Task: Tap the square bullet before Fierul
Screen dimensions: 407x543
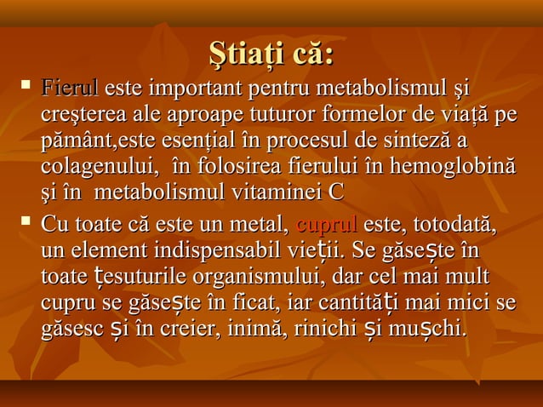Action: tap(25, 86)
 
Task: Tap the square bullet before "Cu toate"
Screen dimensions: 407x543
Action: tap(25, 224)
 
